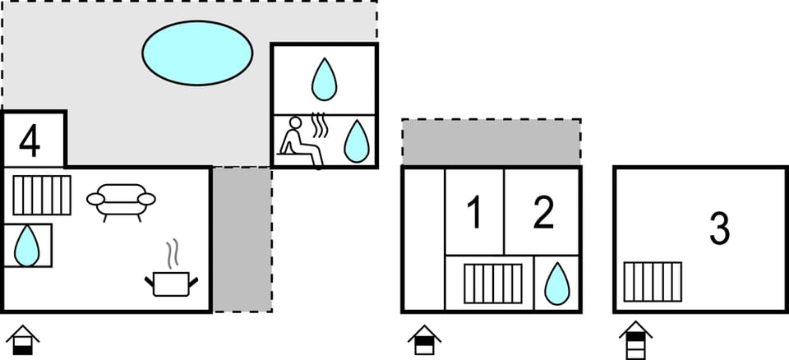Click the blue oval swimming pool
coord(197,53)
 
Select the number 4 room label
coord(30,142)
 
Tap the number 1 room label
coord(474,213)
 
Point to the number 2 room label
coord(543,213)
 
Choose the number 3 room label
coord(720,229)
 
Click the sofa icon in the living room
coord(121,202)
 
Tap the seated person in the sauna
coord(299,142)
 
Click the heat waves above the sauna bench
coord(320,126)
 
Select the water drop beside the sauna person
coord(356,141)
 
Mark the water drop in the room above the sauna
coord(324,79)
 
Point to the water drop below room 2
coord(557,284)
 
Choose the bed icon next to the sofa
coord(42,195)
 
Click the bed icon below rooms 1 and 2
coord(492,284)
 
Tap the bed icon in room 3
coord(653,282)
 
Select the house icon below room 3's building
coord(635,340)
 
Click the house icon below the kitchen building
coord(23,340)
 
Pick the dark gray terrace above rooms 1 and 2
coord(491,142)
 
